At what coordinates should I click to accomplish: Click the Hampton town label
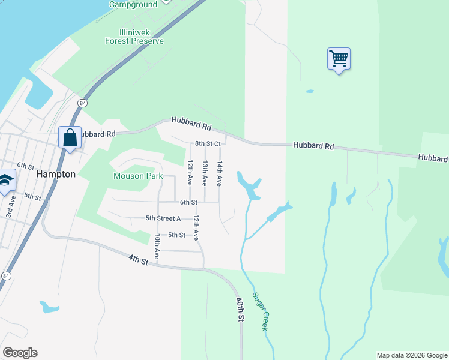coord(56,174)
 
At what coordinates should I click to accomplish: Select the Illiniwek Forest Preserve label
coord(134,37)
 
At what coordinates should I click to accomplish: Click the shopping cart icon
coord(339,59)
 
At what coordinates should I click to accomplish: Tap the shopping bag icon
coord(70,137)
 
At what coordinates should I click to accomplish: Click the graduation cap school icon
coord(5,180)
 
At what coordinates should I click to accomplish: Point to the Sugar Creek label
coord(260,311)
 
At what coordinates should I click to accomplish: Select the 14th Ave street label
coord(220,173)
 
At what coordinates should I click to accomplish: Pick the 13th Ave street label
coord(205,173)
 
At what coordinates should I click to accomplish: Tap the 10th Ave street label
coord(156,247)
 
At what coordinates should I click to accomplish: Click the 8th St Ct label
coord(208,144)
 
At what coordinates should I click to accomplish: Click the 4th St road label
coord(138,259)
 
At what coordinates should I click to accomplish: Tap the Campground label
coord(133,5)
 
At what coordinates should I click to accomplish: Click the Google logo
coord(20,353)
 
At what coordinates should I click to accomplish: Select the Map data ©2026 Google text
coord(412,355)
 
